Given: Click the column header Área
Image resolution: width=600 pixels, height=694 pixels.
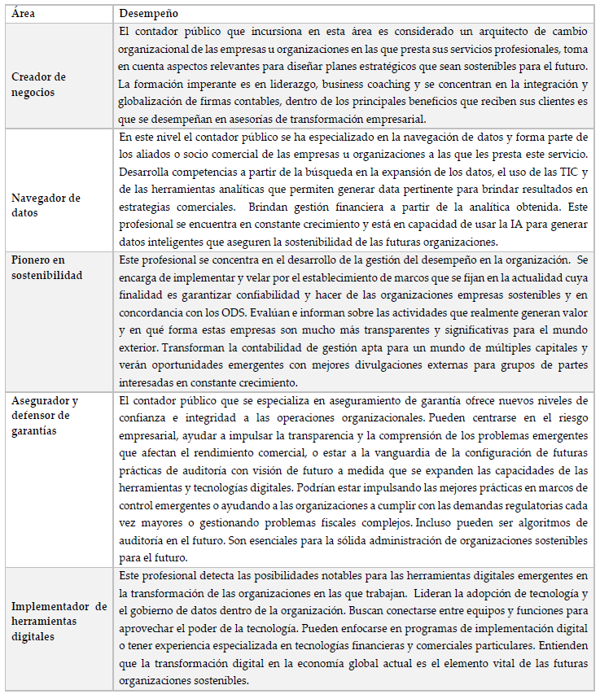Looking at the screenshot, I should pyautogui.click(x=24, y=14).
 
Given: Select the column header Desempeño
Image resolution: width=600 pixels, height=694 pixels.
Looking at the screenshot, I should pyautogui.click(x=149, y=14).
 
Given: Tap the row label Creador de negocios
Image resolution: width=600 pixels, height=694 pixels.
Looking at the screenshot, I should pyautogui.click(x=39, y=85).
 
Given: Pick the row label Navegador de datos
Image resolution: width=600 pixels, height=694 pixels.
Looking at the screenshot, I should pyautogui.click(x=46, y=205).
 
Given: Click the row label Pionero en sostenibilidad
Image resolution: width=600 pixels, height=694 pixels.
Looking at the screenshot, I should pyautogui.click(x=46, y=268).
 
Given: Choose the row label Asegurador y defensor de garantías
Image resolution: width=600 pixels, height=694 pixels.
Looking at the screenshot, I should pyautogui.click(x=45, y=416).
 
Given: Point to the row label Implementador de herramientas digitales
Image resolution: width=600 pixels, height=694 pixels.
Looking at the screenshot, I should pyautogui.click(x=59, y=622).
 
